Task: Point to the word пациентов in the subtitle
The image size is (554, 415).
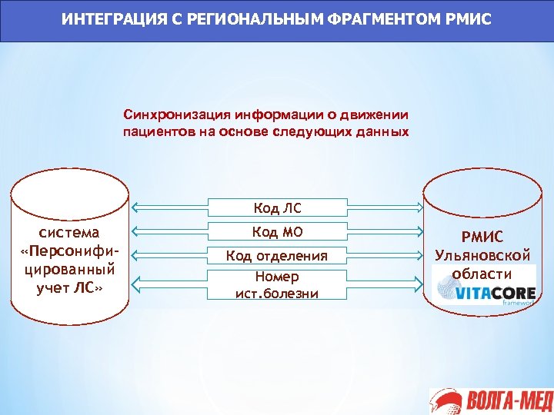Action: click(x=151, y=131)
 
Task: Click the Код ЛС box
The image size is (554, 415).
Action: click(x=277, y=207)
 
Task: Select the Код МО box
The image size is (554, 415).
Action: click(x=277, y=231)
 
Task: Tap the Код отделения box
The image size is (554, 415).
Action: click(x=277, y=256)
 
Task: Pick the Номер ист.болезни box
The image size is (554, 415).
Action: click(x=277, y=284)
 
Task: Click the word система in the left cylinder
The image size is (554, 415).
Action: click(x=69, y=232)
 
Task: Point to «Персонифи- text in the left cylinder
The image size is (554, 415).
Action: click(x=69, y=251)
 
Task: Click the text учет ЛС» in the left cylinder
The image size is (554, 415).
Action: click(x=69, y=287)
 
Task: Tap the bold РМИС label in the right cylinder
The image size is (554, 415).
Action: click(x=482, y=237)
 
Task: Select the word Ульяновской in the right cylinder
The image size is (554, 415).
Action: click(x=482, y=255)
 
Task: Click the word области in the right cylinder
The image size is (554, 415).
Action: click(x=482, y=273)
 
